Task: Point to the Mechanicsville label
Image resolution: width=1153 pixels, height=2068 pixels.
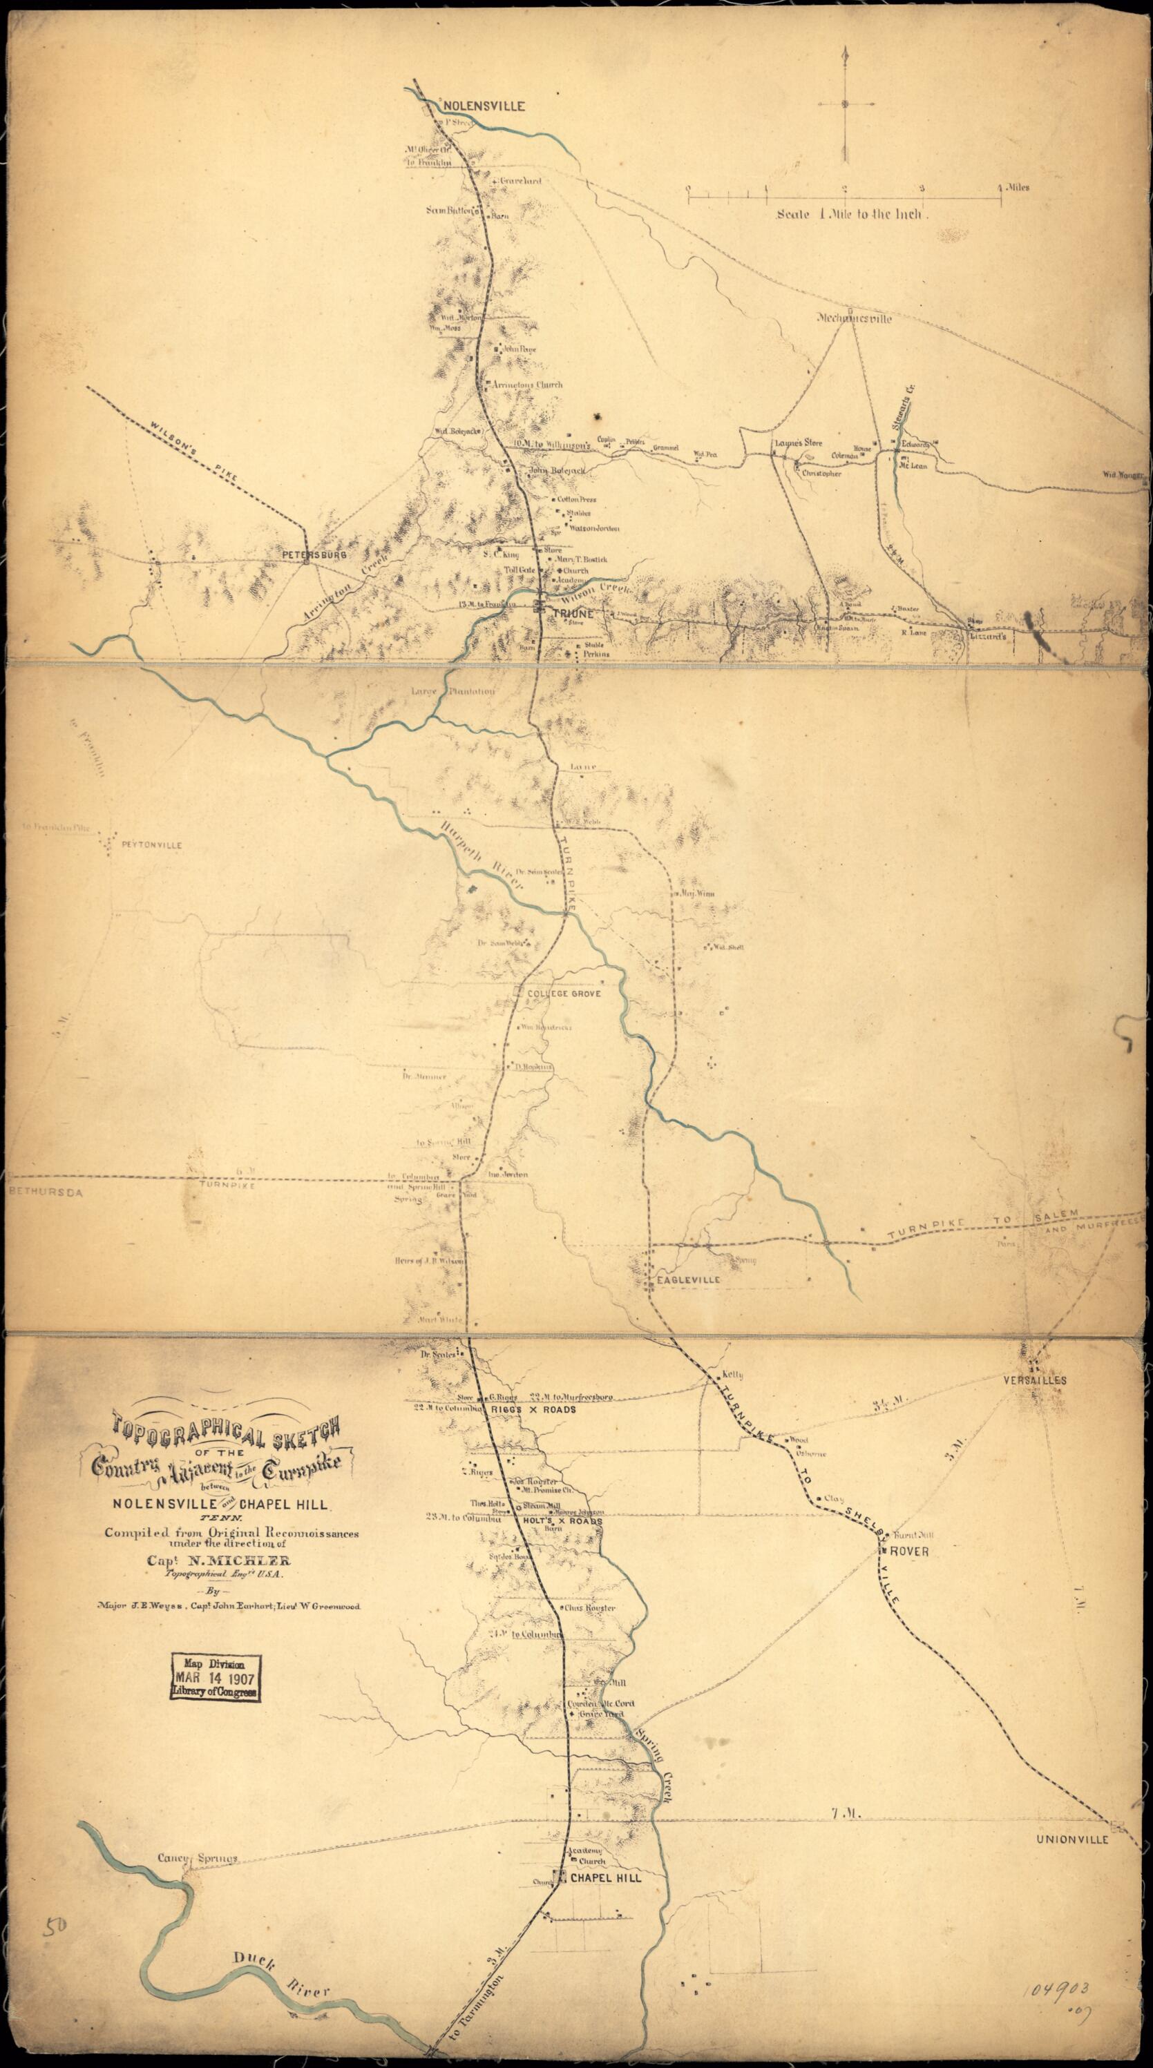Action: pos(855,318)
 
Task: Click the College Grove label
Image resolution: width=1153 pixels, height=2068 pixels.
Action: pos(564,993)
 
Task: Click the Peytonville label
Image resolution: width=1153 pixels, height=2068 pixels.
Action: pos(152,845)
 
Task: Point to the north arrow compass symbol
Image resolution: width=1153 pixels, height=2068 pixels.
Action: pos(845,104)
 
